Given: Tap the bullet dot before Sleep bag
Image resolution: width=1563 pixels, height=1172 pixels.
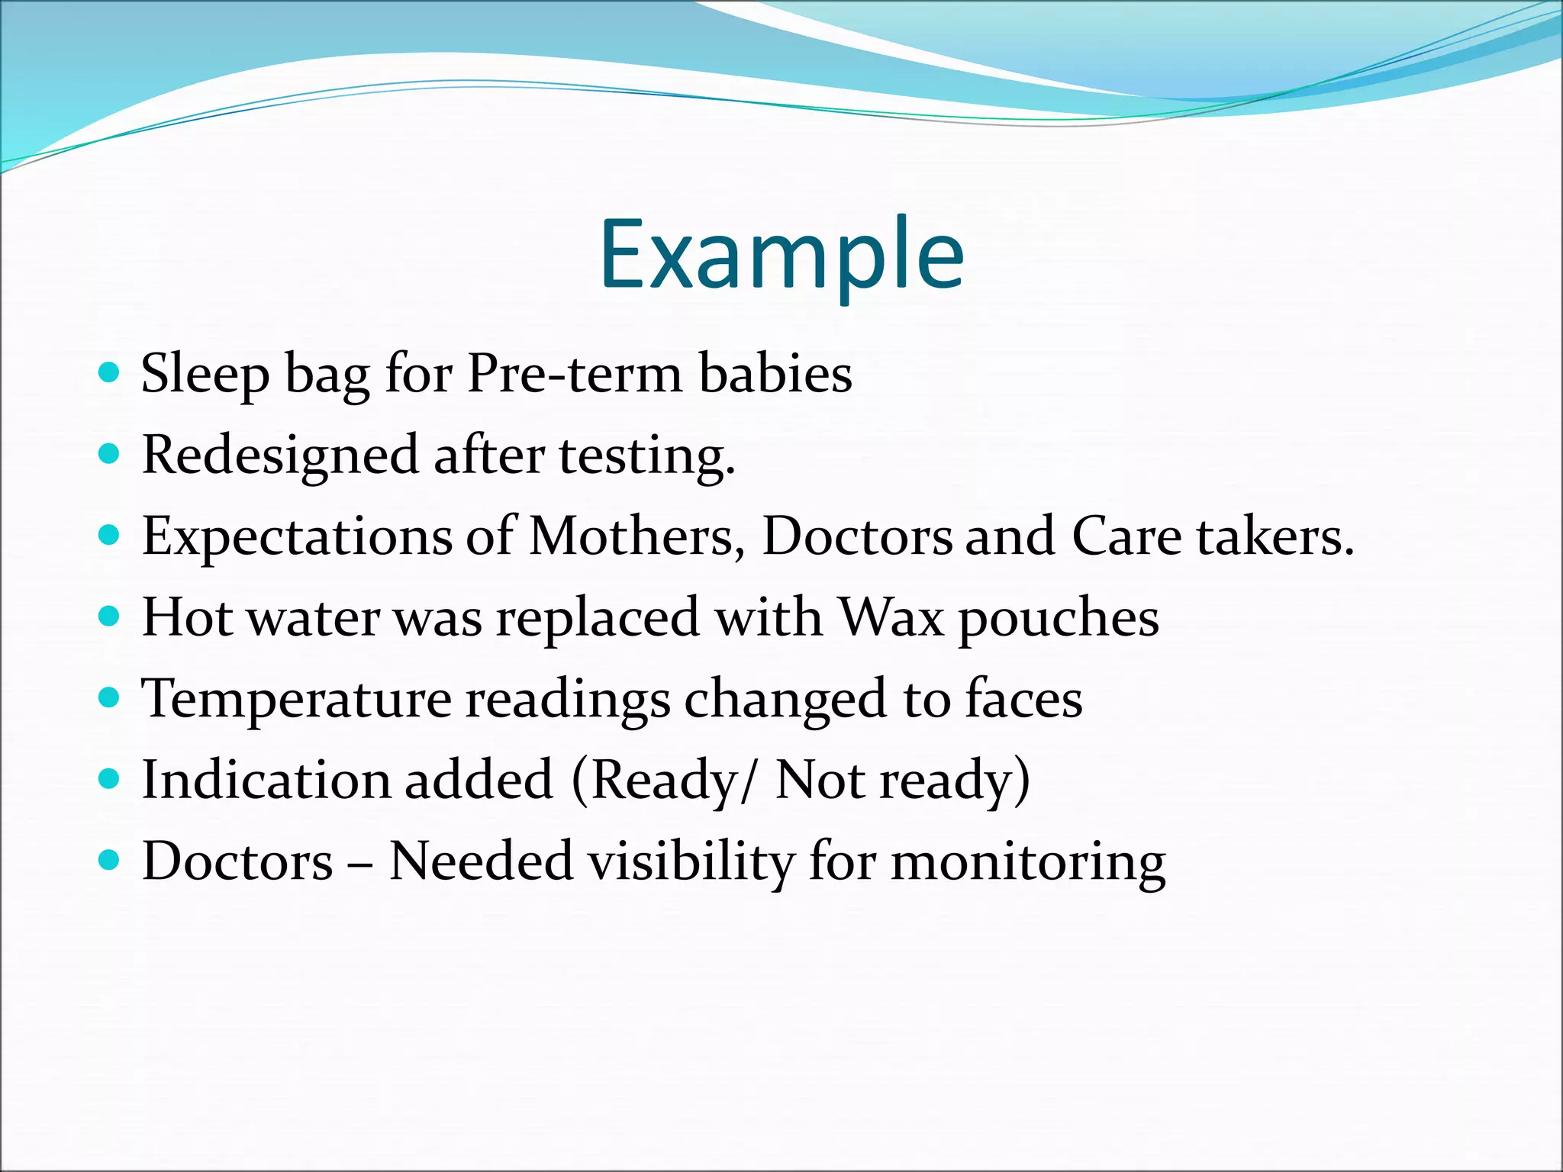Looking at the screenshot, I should pyautogui.click(x=110, y=372).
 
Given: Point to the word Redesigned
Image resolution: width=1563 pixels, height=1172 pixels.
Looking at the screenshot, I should pyautogui.click(x=280, y=456).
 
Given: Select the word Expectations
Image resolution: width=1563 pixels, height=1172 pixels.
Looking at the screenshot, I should pyautogui.click(x=297, y=537).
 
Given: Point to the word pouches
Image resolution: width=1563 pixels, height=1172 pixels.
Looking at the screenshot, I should pyautogui.click(x=1059, y=618).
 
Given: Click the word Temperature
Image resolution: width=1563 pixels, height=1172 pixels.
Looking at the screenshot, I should pyautogui.click(x=297, y=699).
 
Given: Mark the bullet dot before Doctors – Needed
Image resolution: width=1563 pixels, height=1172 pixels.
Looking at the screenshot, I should pyautogui.click(x=110, y=861).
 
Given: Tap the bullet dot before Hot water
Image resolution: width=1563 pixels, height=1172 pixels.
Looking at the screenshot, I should pyautogui.click(x=110, y=616).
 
